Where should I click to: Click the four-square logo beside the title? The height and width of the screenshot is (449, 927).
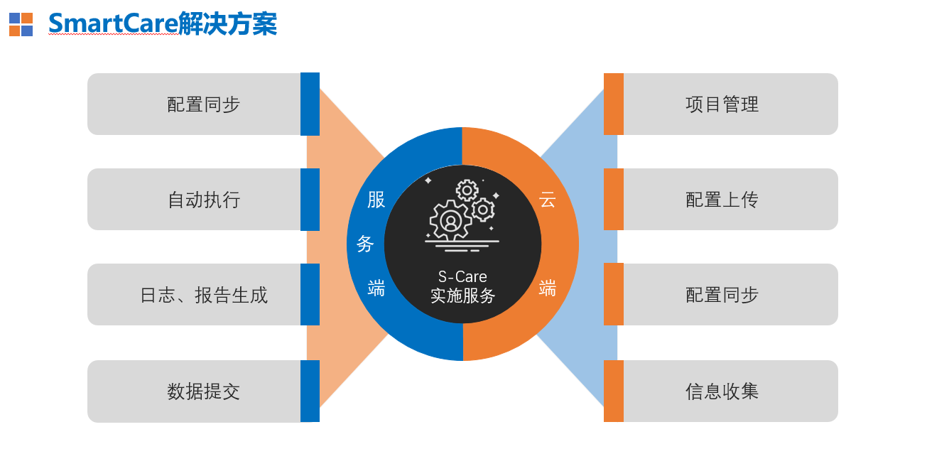(21, 24)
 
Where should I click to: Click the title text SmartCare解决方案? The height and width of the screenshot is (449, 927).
(163, 23)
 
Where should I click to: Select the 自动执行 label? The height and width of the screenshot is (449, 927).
(204, 200)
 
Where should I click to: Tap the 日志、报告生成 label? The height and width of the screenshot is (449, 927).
(204, 295)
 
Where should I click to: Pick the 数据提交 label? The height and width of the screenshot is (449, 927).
(204, 391)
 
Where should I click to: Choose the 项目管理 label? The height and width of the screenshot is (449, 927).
(722, 104)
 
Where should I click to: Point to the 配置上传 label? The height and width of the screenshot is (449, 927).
(722, 200)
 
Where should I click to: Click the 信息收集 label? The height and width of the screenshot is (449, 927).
(722, 391)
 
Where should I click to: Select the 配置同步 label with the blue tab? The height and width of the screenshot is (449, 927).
(204, 104)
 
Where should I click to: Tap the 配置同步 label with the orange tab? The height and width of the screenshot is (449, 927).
(722, 295)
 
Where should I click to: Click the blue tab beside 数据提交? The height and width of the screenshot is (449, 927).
(310, 391)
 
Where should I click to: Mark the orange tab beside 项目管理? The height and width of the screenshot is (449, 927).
(614, 104)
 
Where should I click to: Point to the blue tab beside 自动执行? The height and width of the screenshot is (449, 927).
(310, 200)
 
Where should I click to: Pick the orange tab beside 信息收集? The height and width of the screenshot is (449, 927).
(614, 391)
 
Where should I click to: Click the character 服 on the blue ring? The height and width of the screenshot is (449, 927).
(376, 200)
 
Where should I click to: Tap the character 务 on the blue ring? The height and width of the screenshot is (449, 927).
(365, 244)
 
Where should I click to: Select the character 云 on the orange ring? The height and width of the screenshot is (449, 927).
(547, 200)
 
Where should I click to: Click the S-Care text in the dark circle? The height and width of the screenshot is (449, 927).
(462, 276)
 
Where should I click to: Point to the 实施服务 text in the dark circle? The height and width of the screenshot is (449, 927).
(462, 296)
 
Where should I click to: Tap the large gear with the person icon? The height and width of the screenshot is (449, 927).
(450, 220)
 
